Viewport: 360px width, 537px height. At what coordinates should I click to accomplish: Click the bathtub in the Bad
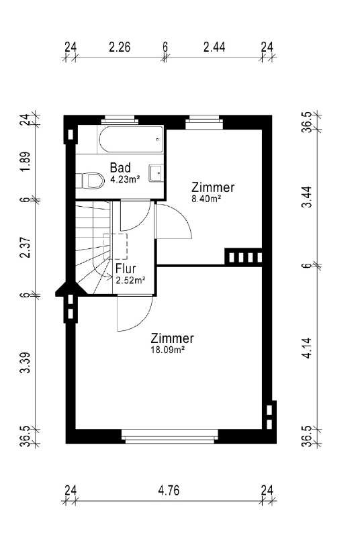point(131,140)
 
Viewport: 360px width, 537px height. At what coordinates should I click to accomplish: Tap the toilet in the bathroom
point(90,180)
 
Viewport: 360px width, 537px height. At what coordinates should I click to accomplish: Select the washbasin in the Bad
point(156,173)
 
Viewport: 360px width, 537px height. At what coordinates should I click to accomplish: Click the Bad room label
point(120,167)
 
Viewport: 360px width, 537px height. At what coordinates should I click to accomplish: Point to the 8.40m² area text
point(206,199)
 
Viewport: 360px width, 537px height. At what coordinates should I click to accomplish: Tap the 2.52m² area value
point(130,281)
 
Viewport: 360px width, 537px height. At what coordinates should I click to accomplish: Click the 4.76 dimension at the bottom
point(169,491)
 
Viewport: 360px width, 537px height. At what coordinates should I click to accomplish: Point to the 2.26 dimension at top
point(120,47)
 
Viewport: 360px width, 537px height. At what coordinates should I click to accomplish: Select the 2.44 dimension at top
point(214,47)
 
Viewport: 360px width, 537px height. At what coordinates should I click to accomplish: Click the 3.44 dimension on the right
point(308,197)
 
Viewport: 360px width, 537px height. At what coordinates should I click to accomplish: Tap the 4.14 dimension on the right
point(308,348)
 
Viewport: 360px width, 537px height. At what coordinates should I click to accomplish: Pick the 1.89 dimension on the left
point(26,162)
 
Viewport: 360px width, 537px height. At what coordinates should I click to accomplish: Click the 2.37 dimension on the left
point(26,248)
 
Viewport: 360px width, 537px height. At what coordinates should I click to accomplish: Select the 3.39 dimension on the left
point(26,363)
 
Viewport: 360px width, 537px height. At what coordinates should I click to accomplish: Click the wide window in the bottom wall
point(170,436)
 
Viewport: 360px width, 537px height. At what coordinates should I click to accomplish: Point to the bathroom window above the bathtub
point(120,119)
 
